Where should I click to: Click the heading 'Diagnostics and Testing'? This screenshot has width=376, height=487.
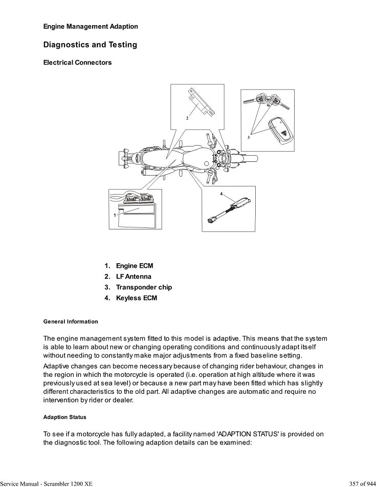(90, 45)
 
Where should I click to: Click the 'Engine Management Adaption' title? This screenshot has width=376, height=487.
(91, 26)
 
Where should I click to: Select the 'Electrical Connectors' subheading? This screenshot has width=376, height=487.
(77, 63)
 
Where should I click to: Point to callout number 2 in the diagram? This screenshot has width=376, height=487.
(187, 118)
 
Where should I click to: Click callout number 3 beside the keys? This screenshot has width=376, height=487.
(249, 137)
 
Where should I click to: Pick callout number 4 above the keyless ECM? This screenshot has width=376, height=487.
(222, 194)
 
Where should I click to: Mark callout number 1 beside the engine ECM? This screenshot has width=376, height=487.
(115, 216)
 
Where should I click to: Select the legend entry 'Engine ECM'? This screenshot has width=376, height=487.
(134, 266)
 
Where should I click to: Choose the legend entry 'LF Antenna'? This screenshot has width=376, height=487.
(134, 277)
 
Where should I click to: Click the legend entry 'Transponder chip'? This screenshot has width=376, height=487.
(144, 287)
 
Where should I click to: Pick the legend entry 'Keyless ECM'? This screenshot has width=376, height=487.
(136, 298)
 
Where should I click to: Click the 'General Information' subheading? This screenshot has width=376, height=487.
(71, 322)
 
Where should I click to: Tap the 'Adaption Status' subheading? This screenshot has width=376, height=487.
(65, 417)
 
